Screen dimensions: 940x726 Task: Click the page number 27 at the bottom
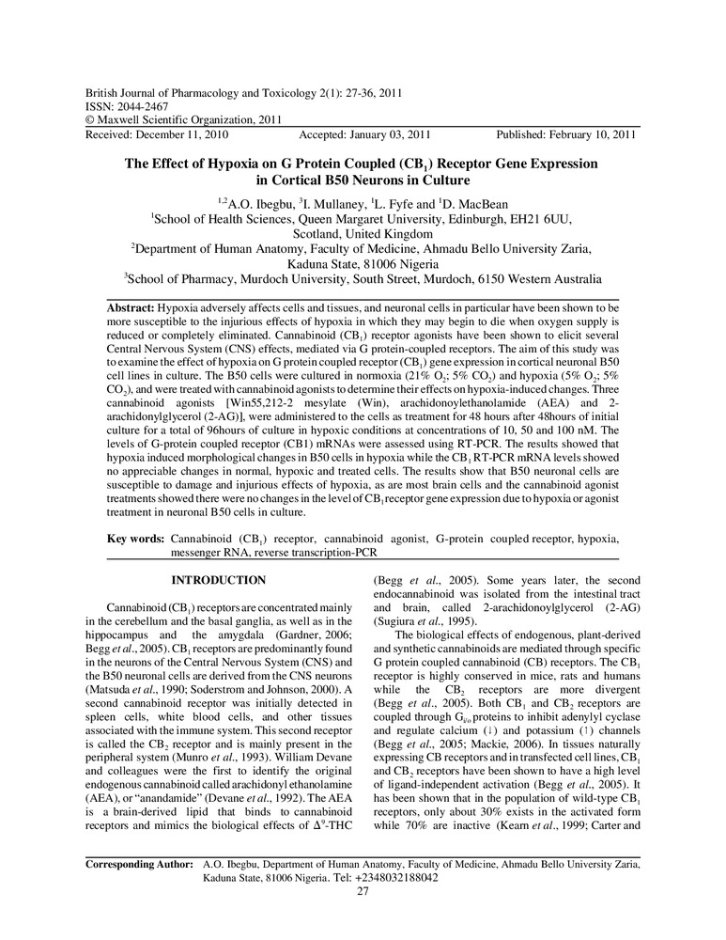click(363, 917)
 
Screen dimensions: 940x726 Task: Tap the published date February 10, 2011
click(588, 134)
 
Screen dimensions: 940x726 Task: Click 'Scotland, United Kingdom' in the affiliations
click(363, 233)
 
